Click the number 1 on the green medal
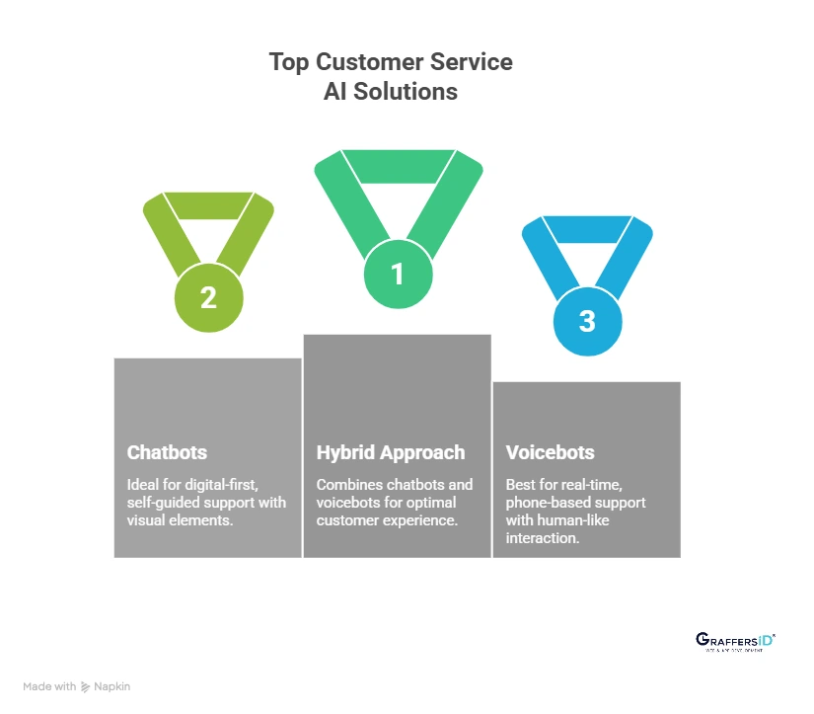[x=398, y=274]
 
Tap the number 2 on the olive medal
[x=208, y=297]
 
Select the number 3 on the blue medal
[x=587, y=321]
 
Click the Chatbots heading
[x=167, y=452]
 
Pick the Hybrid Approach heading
[x=390, y=452]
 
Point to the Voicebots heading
[x=550, y=452]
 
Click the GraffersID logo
[x=735, y=641]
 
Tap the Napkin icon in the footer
[x=86, y=686]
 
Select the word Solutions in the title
[x=407, y=91]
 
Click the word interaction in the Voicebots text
[x=542, y=538]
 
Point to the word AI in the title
[x=337, y=91]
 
